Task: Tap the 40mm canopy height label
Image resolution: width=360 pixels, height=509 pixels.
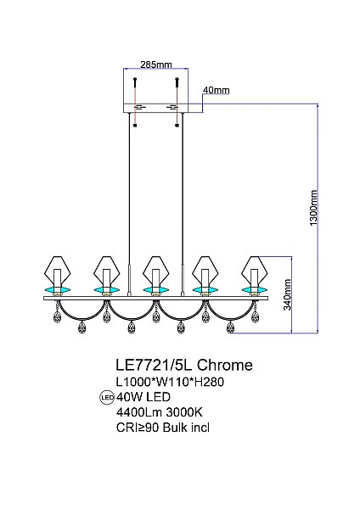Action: tap(216, 90)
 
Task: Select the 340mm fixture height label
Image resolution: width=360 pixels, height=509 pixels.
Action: tap(288, 294)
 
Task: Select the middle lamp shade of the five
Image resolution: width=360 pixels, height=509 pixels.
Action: tap(154, 271)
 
